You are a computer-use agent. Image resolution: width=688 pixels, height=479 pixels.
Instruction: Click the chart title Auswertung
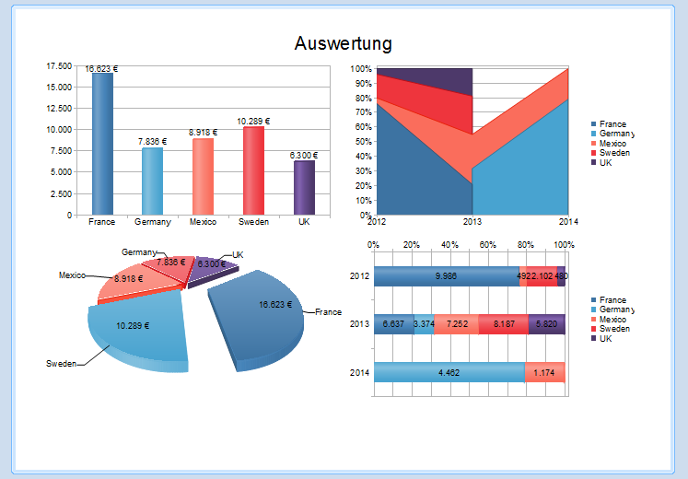click(344, 43)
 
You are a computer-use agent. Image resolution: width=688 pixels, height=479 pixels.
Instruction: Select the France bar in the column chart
click(102, 147)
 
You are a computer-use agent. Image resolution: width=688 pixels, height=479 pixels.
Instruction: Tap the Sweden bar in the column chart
click(252, 171)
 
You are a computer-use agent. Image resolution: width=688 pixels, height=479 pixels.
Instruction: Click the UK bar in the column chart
click(303, 188)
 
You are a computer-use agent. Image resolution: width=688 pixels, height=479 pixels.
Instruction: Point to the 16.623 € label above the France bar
click(102, 68)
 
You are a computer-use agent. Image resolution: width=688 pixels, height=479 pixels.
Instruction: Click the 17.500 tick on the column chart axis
click(58, 66)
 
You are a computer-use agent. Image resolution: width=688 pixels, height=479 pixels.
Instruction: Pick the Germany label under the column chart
click(152, 222)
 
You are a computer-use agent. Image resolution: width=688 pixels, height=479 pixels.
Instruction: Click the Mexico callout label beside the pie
click(72, 275)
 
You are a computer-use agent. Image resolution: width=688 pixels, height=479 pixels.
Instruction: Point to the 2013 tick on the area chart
click(472, 222)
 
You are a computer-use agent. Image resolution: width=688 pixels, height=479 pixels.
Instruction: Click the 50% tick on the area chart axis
click(361, 142)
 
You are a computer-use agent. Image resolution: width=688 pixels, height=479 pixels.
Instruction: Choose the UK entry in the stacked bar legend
click(605, 339)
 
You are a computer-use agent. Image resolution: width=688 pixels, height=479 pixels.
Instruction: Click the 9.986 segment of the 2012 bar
click(446, 275)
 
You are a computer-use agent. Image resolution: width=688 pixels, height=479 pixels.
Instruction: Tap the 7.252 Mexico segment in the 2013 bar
click(456, 324)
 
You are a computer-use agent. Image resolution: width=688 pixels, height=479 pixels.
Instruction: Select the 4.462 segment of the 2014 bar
click(449, 373)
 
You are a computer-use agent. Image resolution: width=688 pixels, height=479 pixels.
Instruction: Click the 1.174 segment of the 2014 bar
click(544, 373)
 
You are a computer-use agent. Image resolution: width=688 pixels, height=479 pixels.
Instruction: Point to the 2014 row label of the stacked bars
click(360, 373)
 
